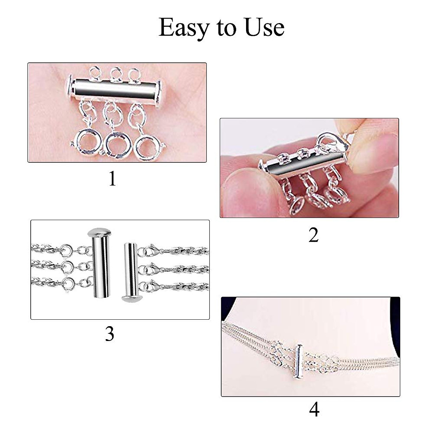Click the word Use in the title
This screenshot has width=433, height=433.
pos(264,27)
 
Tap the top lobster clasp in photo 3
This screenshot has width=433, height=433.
pos(148,250)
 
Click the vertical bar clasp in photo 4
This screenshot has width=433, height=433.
pos(298,360)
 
